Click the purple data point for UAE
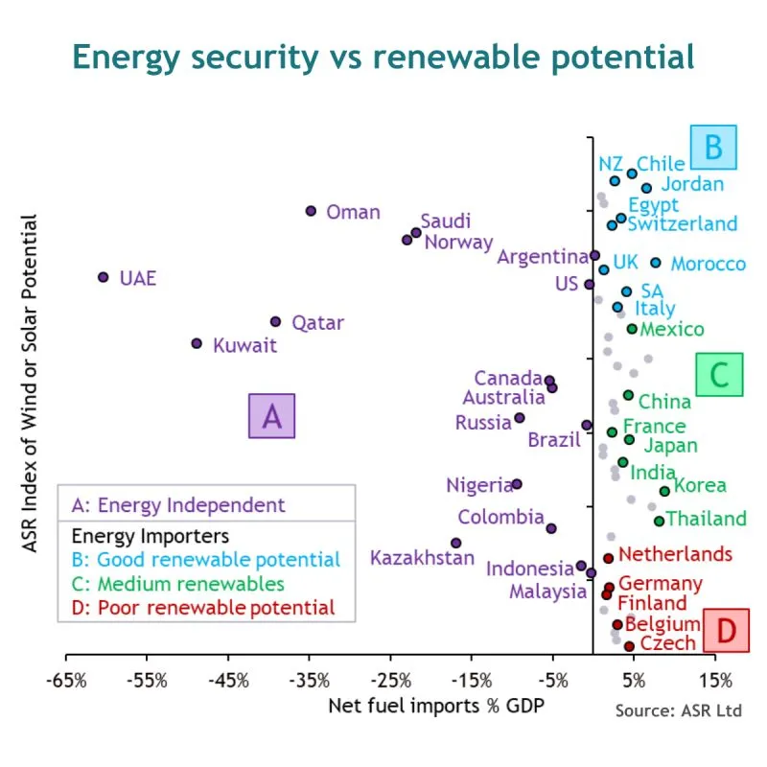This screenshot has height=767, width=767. point(104,277)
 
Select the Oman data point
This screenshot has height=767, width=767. point(311,211)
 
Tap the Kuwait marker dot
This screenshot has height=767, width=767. point(197,343)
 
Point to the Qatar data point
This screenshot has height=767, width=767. point(275,322)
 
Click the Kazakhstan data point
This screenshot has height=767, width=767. point(455,543)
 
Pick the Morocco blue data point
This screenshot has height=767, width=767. point(656,263)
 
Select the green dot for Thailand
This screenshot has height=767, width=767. point(659,521)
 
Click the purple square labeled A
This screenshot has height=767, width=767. point(271,416)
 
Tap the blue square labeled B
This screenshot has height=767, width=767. point(712,148)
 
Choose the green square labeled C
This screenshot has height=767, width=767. point(720,374)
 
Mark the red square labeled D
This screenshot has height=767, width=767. point(727,630)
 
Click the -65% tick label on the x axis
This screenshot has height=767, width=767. point(65,682)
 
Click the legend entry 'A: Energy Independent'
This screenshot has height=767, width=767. point(178,505)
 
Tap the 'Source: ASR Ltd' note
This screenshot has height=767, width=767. point(678,710)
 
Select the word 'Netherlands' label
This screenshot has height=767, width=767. point(675,554)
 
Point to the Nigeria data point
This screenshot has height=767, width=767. point(517,484)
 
